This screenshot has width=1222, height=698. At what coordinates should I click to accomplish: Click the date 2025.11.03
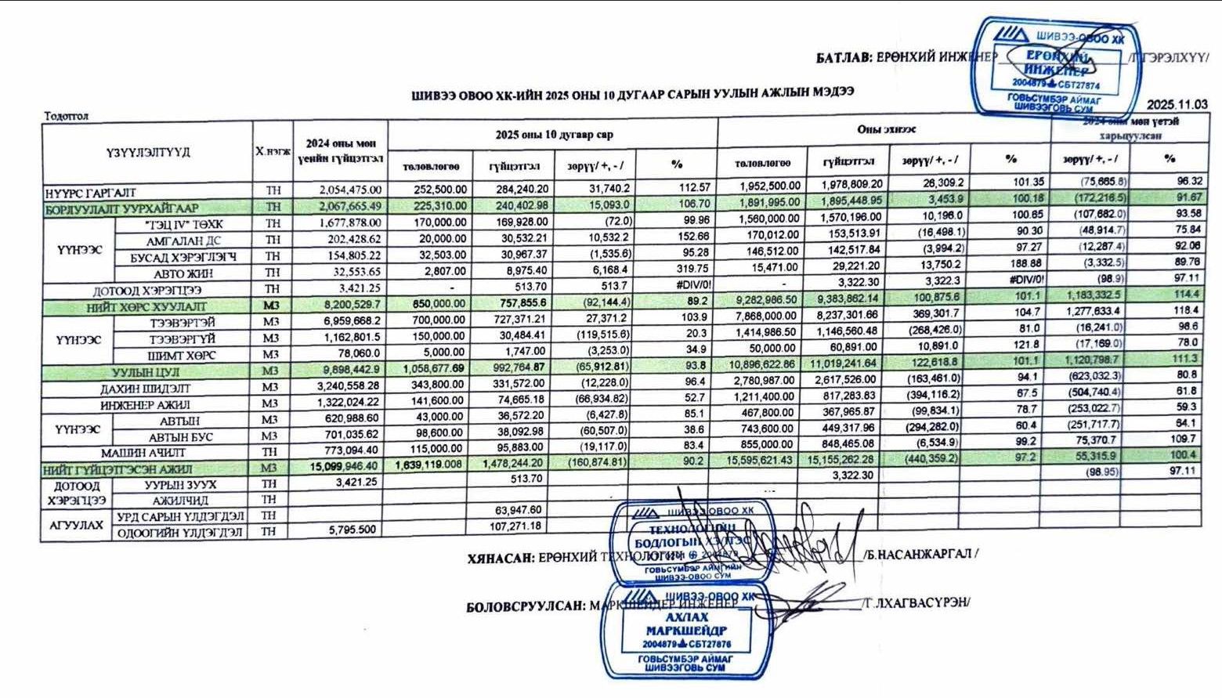point(1177,104)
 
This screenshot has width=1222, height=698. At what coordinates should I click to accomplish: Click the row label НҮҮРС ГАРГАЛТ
point(90,192)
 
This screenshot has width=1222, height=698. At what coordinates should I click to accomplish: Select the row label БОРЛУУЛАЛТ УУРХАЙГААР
point(121,208)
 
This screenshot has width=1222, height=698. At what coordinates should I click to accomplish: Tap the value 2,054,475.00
point(350,190)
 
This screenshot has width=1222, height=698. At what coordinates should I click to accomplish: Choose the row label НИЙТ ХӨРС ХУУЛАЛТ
point(146,307)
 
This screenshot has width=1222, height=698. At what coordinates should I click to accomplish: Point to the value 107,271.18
point(515,526)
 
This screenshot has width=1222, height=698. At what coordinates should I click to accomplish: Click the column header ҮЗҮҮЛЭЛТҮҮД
point(148,152)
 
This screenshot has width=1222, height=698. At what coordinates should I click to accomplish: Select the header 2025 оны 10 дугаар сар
point(554,135)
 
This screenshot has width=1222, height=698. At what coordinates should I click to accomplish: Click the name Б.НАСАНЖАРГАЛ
point(920,554)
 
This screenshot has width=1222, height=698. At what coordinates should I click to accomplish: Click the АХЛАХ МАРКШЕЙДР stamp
point(686,630)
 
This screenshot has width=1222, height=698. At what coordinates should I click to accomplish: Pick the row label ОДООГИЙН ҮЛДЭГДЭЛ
point(180,533)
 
